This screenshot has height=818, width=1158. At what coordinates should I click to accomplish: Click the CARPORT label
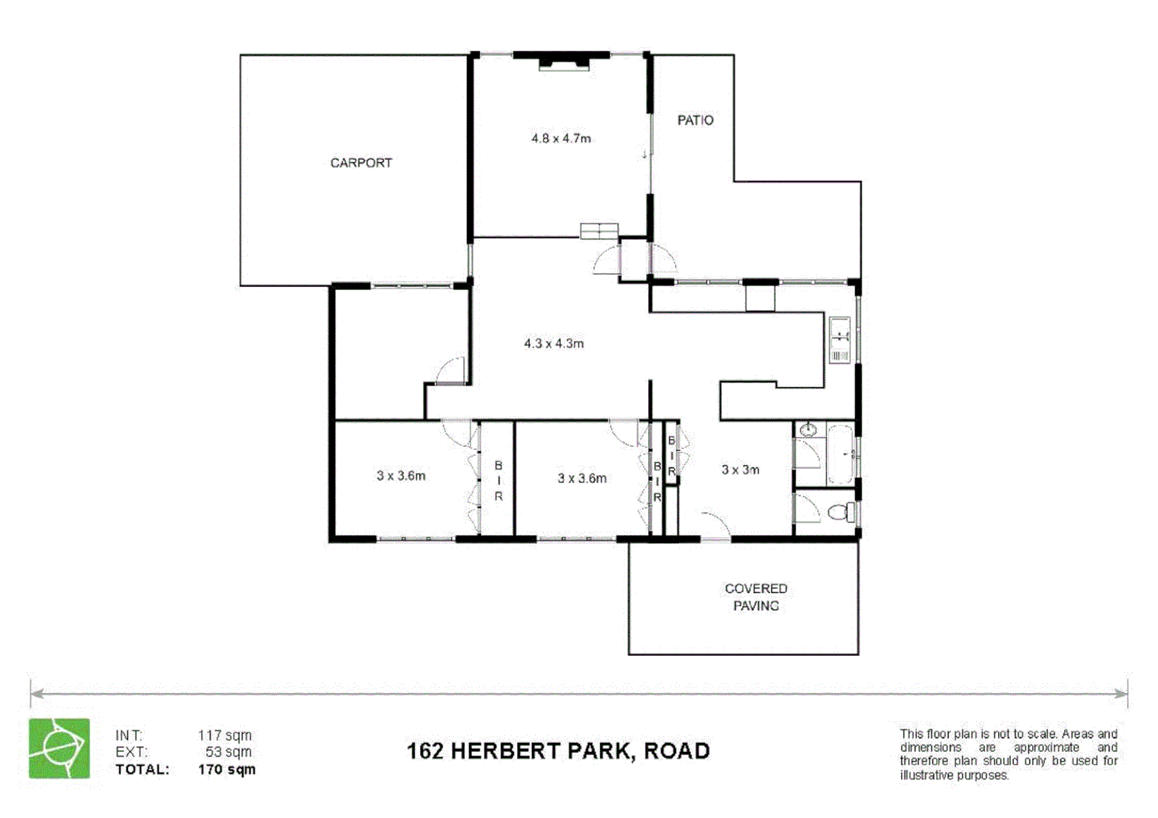click(x=361, y=163)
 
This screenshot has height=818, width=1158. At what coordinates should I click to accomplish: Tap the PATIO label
click(x=695, y=120)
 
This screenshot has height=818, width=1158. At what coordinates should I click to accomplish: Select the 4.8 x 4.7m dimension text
click(x=561, y=139)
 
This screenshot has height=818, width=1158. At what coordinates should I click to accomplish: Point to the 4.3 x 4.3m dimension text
click(x=553, y=344)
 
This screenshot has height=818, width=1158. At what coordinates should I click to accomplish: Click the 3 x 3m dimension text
click(x=740, y=470)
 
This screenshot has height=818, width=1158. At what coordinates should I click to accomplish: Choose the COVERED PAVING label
click(x=756, y=597)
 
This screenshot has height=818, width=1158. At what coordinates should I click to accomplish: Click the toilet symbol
click(x=840, y=512)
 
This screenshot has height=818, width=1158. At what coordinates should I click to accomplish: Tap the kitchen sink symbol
click(x=840, y=341)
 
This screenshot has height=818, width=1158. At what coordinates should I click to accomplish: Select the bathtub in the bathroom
click(x=840, y=455)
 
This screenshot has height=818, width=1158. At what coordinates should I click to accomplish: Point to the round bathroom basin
click(x=809, y=431)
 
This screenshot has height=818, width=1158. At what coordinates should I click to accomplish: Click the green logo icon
click(x=59, y=748)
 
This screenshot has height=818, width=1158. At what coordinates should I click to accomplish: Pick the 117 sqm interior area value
click(x=224, y=735)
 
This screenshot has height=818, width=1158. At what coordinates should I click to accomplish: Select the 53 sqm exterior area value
click(x=228, y=752)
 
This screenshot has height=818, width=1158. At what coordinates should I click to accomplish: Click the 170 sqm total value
click(x=227, y=770)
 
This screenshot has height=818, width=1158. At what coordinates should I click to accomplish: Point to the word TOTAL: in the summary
click(x=142, y=770)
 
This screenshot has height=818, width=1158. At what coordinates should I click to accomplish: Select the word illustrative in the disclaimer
click(x=925, y=776)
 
